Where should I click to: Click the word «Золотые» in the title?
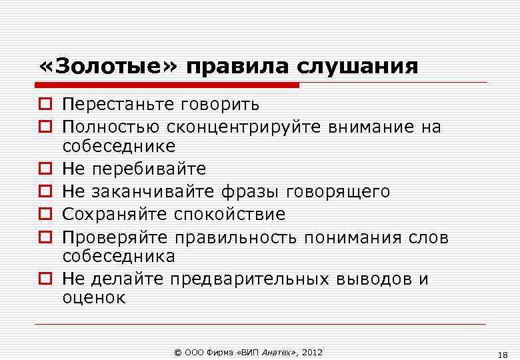click(107, 67)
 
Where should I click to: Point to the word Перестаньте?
click(117, 105)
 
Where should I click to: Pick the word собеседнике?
click(119, 146)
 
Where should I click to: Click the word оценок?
click(93, 298)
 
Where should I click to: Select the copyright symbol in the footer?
click(177, 351)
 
